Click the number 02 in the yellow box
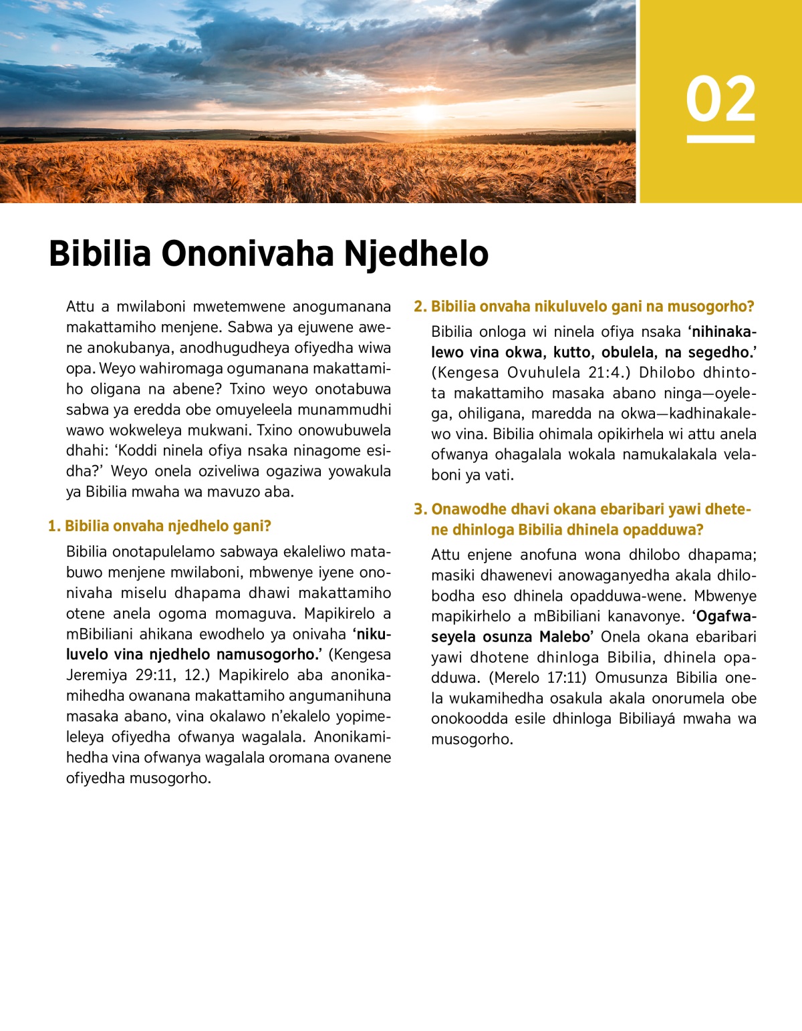720,99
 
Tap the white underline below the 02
720,139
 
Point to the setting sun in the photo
426,112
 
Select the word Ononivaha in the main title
247,254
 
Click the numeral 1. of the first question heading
54,527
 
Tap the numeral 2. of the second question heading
420,307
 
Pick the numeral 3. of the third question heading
420,510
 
